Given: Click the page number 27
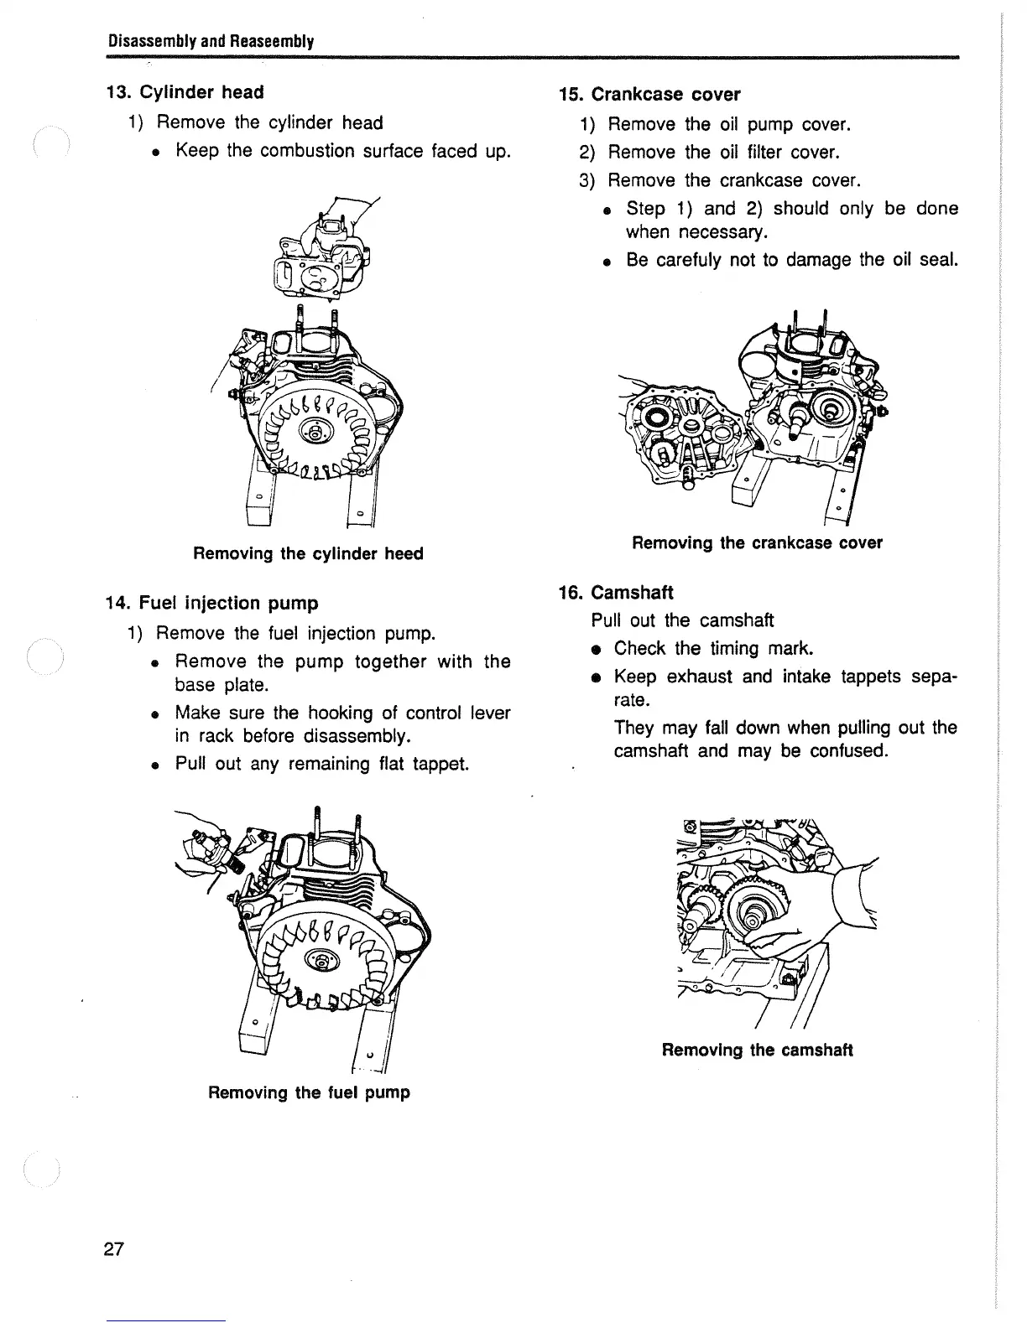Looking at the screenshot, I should [x=113, y=1250].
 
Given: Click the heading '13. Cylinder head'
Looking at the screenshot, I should [x=185, y=92].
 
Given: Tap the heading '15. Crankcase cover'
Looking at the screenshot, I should [x=649, y=95].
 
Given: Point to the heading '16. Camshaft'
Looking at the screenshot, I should [x=616, y=593].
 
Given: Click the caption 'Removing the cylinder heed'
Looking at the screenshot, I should [x=308, y=554].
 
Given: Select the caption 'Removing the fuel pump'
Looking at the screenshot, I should [x=309, y=1093].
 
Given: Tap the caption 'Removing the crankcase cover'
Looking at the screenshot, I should [x=757, y=543].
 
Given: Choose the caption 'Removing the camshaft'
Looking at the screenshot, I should [x=757, y=1050].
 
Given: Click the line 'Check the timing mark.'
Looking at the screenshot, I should [x=714, y=649].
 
